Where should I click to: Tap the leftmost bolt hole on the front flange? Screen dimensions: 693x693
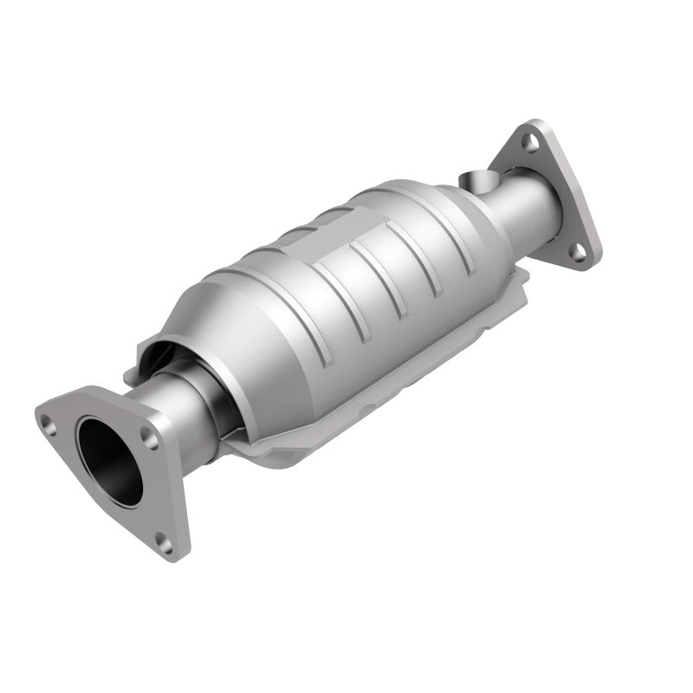tap(50, 423)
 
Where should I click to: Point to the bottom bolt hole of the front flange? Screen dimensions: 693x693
tap(164, 542)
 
